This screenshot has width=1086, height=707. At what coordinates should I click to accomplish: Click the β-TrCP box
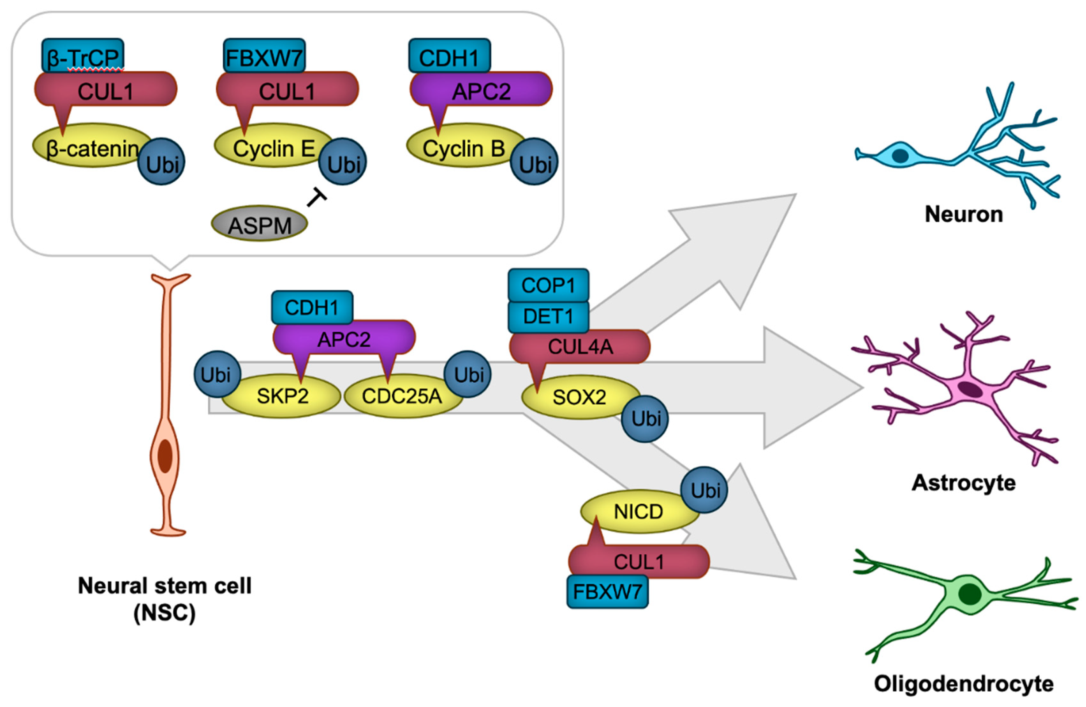[83, 55]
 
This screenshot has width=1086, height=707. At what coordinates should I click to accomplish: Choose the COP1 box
[548, 285]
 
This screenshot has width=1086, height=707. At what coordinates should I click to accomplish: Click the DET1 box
[548, 316]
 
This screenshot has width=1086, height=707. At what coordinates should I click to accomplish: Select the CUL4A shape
[580, 347]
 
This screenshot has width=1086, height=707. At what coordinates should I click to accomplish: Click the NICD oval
[638, 512]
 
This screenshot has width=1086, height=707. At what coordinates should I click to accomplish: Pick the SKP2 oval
[282, 396]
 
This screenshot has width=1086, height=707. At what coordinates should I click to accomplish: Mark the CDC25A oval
[402, 396]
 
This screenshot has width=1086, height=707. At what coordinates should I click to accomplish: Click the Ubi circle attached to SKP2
[217, 374]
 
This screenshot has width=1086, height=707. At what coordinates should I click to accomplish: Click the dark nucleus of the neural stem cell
[165, 456]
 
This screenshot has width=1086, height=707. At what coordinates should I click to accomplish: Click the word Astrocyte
[963, 482]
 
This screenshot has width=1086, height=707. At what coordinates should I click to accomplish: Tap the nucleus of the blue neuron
[900, 156]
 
